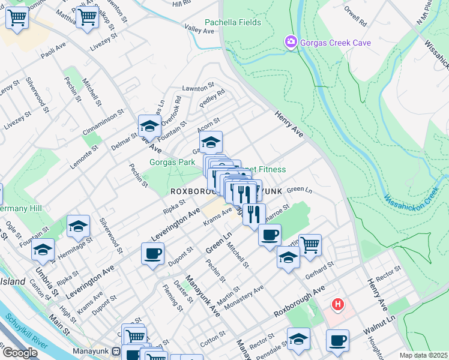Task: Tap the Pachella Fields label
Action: [233, 23]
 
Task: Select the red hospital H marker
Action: [338, 305]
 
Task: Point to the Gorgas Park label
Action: [172, 163]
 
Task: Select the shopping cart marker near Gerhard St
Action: [310, 244]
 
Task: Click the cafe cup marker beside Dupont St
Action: [152, 253]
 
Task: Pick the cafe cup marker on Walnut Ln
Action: [337, 340]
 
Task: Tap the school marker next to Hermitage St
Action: [78, 226]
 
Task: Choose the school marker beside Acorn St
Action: [211, 142]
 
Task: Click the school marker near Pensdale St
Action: [298, 338]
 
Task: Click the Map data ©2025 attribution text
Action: [424, 355]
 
